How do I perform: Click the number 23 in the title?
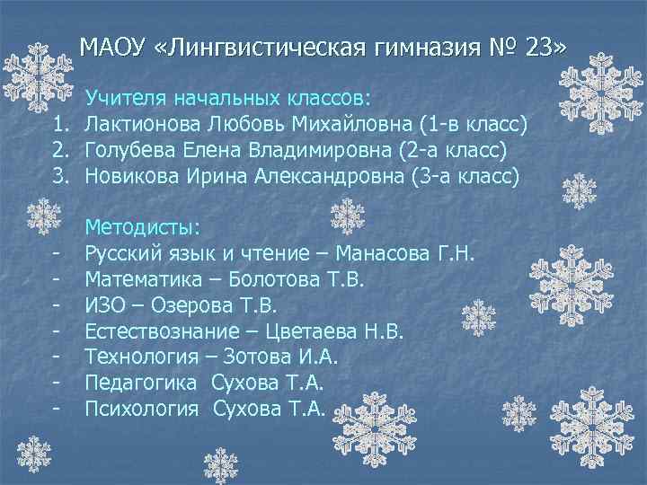543,46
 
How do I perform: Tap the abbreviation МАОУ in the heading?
111,46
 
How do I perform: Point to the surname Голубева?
131,150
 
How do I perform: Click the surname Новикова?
133,176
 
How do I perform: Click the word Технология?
141,358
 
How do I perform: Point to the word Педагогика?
141,384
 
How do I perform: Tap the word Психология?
141,410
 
